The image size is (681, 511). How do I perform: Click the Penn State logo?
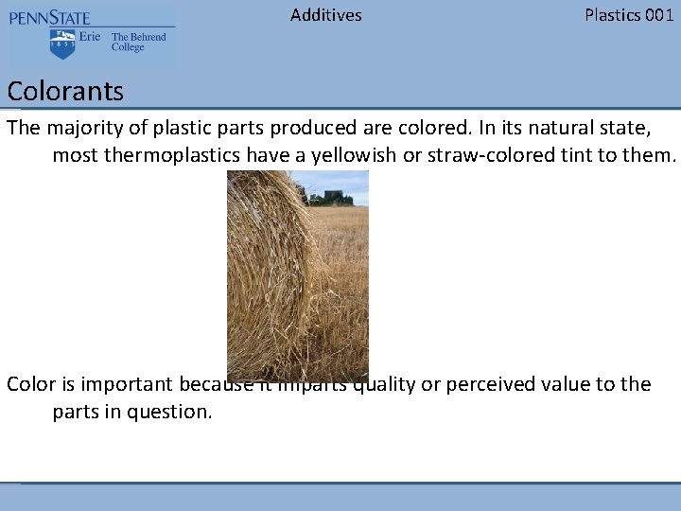point(91,36)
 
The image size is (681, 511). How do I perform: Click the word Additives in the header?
point(325,14)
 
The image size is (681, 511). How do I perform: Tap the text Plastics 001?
point(629,14)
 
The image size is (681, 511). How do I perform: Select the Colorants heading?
point(65,92)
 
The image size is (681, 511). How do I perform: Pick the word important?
point(120,384)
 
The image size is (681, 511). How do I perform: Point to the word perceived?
point(495,384)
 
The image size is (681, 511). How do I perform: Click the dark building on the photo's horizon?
point(338,197)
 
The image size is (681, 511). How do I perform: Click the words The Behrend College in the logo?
point(138,43)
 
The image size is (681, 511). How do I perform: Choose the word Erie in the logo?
point(90,37)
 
